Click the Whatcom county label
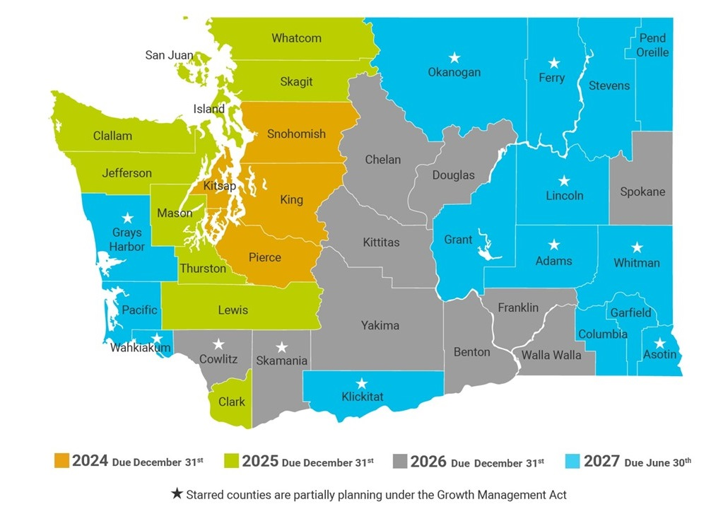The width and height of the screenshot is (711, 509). click(296, 38)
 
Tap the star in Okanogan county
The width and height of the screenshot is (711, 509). click(454, 57)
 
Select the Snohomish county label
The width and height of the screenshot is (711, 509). click(296, 134)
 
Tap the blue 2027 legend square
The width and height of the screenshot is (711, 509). click(572, 462)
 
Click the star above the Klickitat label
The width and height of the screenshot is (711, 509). click(362, 383)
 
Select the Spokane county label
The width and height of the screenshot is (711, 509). click(642, 192)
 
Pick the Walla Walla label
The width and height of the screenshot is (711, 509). click(551, 354)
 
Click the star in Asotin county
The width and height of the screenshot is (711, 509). click(659, 343)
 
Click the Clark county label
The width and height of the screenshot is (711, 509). click(231, 402)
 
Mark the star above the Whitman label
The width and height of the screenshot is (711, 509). click(637, 247)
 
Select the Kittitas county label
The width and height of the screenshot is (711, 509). click(381, 242)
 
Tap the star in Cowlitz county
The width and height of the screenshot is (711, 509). click(218, 344)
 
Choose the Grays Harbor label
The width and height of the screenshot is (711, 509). click(127, 240)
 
